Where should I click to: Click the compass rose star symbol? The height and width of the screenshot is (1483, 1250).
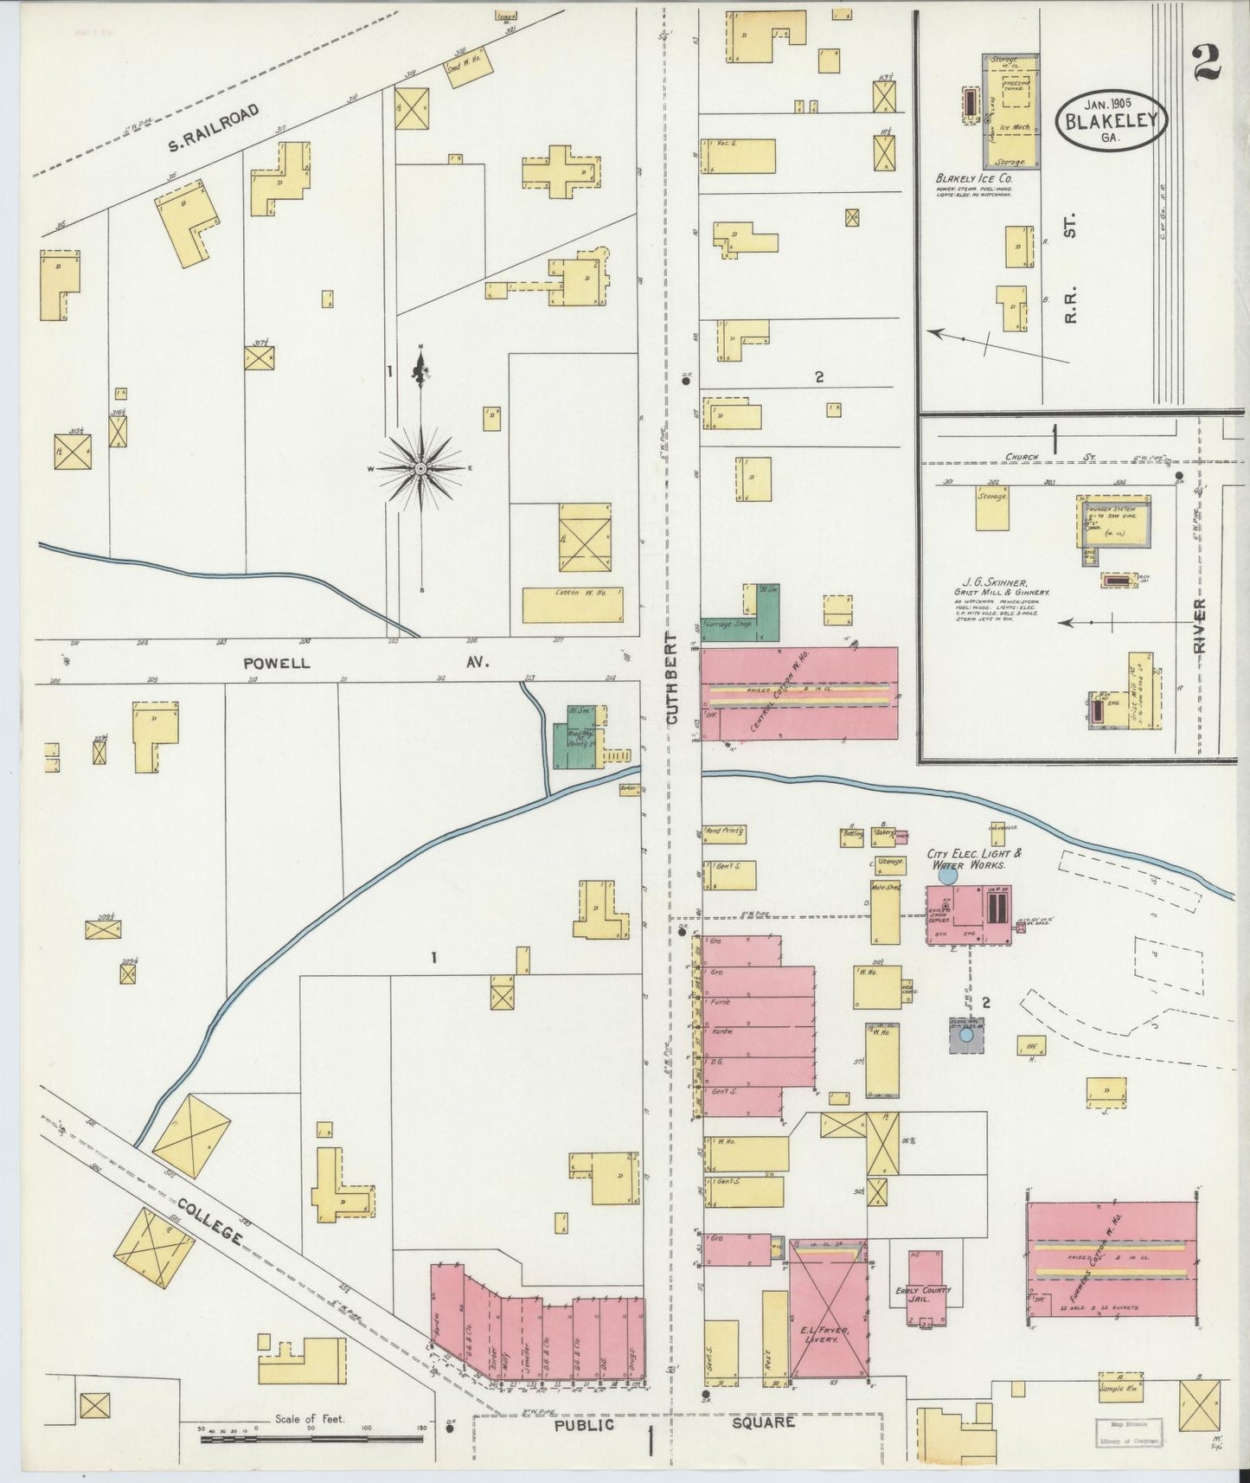click(x=420, y=468)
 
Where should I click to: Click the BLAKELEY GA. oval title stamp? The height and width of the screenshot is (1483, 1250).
click(x=1111, y=122)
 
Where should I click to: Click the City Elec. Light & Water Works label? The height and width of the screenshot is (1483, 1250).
click(x=974, y=858)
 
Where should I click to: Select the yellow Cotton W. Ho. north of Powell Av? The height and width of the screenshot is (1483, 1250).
click(x=573, y=605)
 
